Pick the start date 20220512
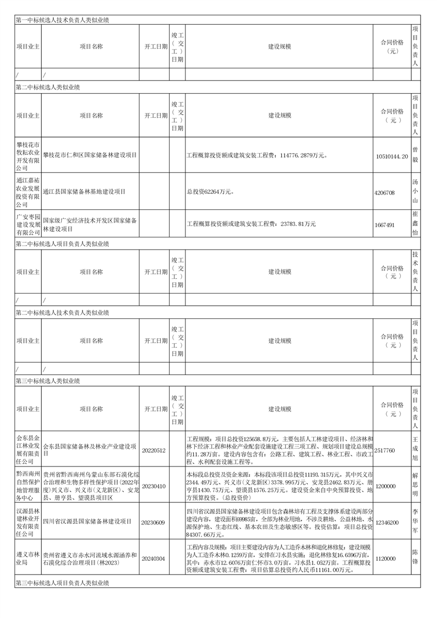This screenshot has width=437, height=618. coord(154,450)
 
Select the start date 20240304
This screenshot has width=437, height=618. coord(154,559)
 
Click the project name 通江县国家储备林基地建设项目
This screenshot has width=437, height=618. coord(85,192)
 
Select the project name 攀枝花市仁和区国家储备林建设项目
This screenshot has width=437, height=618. coord(90,156)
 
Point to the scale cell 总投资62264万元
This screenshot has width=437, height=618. coord(210,192)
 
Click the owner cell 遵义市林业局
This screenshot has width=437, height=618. coord(28,559)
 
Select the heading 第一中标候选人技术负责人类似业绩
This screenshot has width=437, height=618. coord(62,20)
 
